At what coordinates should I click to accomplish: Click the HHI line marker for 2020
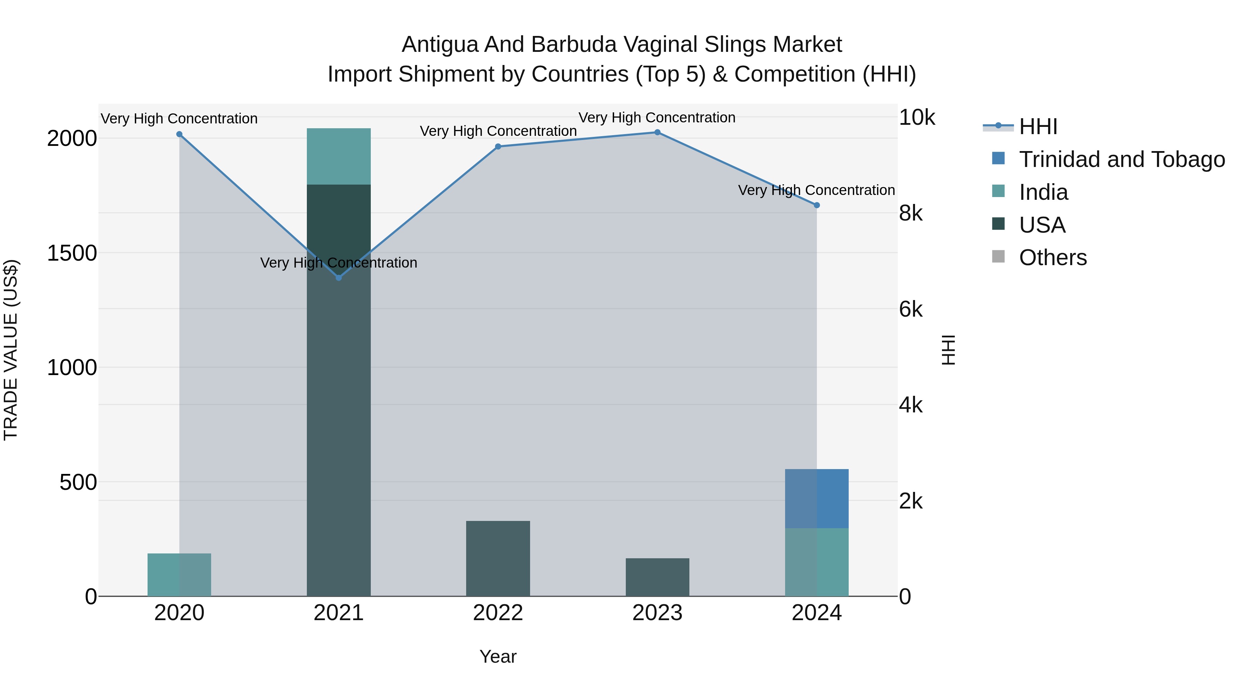pos(179,134)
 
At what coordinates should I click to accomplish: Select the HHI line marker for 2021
pos(339,278)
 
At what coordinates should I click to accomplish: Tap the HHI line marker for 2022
pos(498,146)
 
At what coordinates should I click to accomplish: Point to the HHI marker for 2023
pos(657,132)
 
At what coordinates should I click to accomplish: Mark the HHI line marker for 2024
pos(817,205)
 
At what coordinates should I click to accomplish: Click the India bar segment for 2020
pos(179,575)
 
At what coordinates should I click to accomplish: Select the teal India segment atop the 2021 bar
pos(339,157)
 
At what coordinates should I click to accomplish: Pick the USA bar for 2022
pos(498,559)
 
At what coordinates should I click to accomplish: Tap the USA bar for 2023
pos(657,577)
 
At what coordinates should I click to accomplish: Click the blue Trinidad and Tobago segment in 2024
pos(817,498)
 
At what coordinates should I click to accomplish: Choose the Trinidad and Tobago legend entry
pos(1121,159)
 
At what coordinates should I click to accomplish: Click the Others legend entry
pos(1053,258)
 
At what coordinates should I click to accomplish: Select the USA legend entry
pos(1042,225)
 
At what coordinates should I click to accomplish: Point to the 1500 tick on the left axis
pos(72,253)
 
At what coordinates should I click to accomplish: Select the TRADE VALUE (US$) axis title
pos(11,350)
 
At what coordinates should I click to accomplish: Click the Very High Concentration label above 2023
pos(657,118)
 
